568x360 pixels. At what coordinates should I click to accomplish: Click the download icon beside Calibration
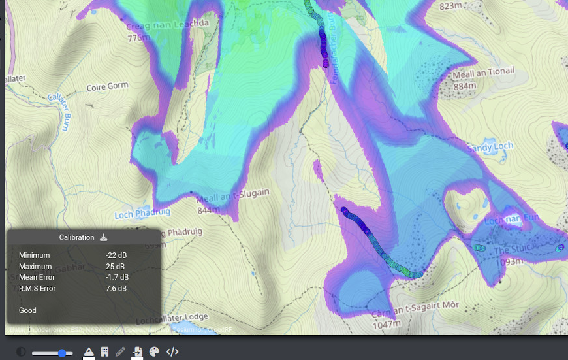click(x=103, y=237)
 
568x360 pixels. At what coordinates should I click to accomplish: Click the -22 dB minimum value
click(x=116, y=255)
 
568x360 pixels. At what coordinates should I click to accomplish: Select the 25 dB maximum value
click(x=115, y=267)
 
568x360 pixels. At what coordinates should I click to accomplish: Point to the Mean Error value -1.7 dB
click(x=118, y=278)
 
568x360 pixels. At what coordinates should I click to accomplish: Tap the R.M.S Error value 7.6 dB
click(x=116, y=289)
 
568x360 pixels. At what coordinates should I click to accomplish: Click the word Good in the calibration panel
click(x=27, y=310)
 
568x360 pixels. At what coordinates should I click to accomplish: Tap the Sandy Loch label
click(x=486, y=147)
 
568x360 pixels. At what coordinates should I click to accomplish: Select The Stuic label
click(x=511, y=250)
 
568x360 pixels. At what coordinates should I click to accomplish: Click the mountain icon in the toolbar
click(x=89, y=352)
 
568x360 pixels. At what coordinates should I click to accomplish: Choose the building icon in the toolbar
click(x=104, y=352)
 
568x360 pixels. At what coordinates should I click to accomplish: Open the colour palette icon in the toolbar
click(x=154, y=352)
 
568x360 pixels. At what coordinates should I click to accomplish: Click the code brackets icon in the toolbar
click(x=172, y=352)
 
